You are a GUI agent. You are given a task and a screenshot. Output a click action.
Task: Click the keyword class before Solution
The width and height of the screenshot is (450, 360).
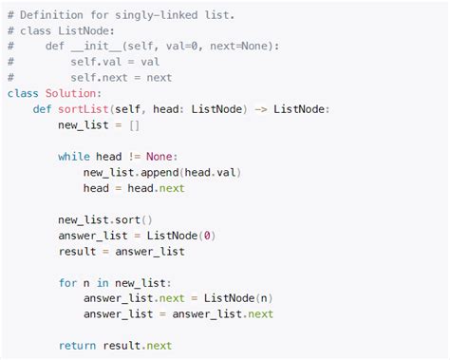point(23,93)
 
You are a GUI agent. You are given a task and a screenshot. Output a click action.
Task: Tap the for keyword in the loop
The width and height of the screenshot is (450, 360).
point(67,282)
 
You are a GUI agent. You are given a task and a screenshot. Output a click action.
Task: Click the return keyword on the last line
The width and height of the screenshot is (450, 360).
point(77,346)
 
